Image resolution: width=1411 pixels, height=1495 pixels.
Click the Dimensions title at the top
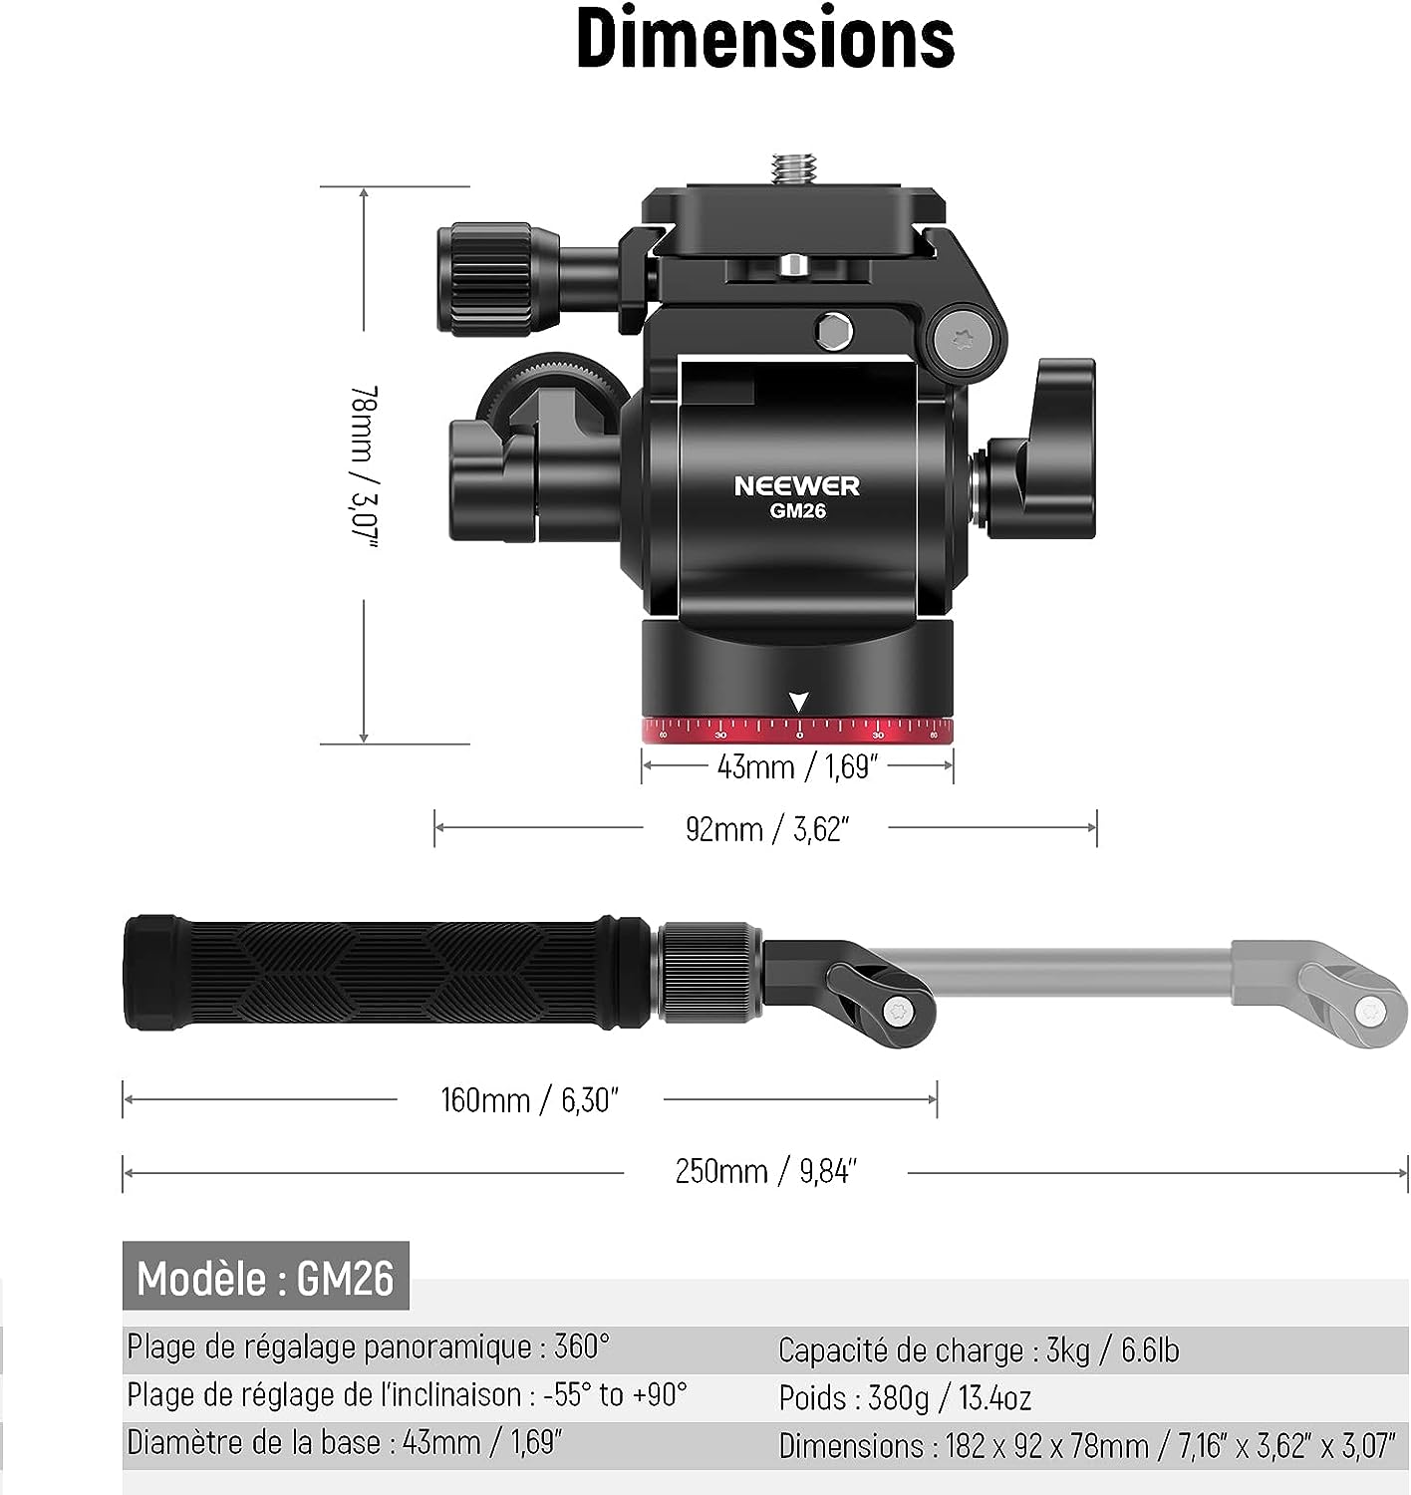coord(765,39)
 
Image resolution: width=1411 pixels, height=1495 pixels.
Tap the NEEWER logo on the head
coord(796,485)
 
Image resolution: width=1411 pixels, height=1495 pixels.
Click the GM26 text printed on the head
coord(797,510)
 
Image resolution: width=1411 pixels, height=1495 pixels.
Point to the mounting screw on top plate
coord(793,167)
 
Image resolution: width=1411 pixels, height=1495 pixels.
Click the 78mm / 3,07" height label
coord(364,466)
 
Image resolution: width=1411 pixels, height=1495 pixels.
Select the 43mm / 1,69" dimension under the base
coord(797,767)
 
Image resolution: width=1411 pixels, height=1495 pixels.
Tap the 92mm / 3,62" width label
coord(767,829)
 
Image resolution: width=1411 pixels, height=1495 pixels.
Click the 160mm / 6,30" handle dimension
coord(529,1099)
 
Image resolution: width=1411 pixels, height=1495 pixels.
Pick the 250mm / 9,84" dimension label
coord(765,1171)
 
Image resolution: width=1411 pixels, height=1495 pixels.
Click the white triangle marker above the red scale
coord(798,702)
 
